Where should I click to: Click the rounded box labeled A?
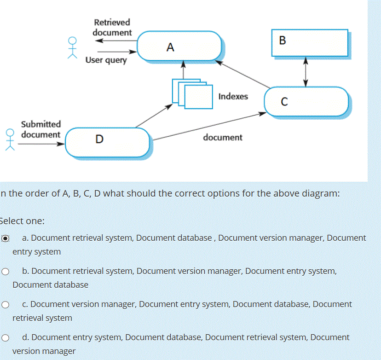pyautogui.click(x=179, y=46)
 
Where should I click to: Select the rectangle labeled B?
pyautogui.click(x=310, y=43)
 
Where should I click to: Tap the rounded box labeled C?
pyautogui.click(x=306, y=101)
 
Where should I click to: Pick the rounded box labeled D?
pyautogui.click(x=107, y=141)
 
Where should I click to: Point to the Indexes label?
pyautogui.click(x=233, y=96)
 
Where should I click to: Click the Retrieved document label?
pyautogui.click(x=112, y=27)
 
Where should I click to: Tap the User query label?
pyautogui.click(x=106, y=60)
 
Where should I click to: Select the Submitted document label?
pyautogui.click(x=41, y=129)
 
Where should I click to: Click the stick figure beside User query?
pyautogui.click(x=71, y=48)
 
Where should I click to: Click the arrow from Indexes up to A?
pyautogui.click(x=183, y=70)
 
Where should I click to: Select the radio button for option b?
pyautogui.click(x=6, y=272)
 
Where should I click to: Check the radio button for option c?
pyautogui.click(x=6, y=305)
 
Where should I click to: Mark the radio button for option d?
pyautogui.click(x=6, y=338)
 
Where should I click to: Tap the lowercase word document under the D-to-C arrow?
pyautogui.click(x=223, y=138)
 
